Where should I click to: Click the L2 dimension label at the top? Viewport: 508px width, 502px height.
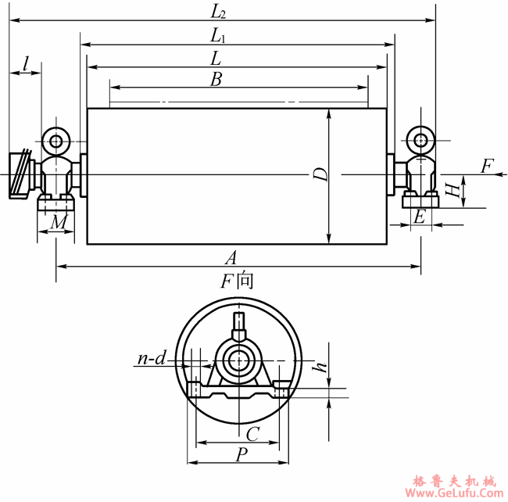click(x=218, y=13)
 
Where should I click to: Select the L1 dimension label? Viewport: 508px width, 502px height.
click(x=218, y=36)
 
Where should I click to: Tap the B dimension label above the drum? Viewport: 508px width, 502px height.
click(x=216, y=80)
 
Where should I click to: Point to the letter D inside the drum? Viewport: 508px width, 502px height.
click(x=320, y=174)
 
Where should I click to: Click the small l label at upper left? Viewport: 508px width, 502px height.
click(x=27, y=64)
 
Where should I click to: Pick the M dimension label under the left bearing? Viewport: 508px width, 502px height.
click(x=59, y=222)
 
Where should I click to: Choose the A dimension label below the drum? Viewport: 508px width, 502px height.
click(x=231, y=257)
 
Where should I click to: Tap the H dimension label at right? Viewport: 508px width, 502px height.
click(x=453, y=189)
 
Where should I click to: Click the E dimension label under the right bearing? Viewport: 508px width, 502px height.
click(x=420, y=217)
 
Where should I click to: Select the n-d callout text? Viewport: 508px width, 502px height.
click(x=152, y=358)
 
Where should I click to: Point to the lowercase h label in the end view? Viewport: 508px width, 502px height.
click(x=320, y=367)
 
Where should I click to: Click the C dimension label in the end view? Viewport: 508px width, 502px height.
click(x=252, y=434)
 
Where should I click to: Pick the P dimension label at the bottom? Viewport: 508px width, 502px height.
click(x=241, y=454)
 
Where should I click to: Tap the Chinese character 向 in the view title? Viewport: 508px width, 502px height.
click(x=245, y=281)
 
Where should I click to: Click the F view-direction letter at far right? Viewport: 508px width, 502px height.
click(x=487, y=166)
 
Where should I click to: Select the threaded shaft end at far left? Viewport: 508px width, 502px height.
click(x=21, y=174)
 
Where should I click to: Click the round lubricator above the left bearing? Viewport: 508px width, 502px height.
click(x=56, y=142)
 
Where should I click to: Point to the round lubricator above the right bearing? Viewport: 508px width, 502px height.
click(x=420, y=141)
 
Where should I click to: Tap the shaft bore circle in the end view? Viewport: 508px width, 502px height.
click(x=239, y=360)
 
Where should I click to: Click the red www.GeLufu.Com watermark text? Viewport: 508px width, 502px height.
click(x=454, y=493)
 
